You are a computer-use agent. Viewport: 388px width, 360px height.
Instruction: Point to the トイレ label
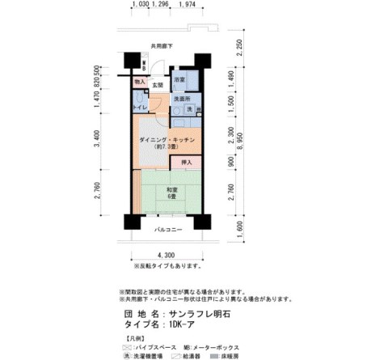(x=138, y=108)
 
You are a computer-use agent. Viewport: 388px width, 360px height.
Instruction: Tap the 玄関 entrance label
(x=158, y=84)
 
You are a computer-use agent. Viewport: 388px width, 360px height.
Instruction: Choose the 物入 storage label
(x=139, y=82)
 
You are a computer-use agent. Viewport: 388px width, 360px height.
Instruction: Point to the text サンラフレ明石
(x=205, y=311)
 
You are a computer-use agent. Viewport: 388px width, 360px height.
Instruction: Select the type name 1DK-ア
(x=185, y=324)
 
